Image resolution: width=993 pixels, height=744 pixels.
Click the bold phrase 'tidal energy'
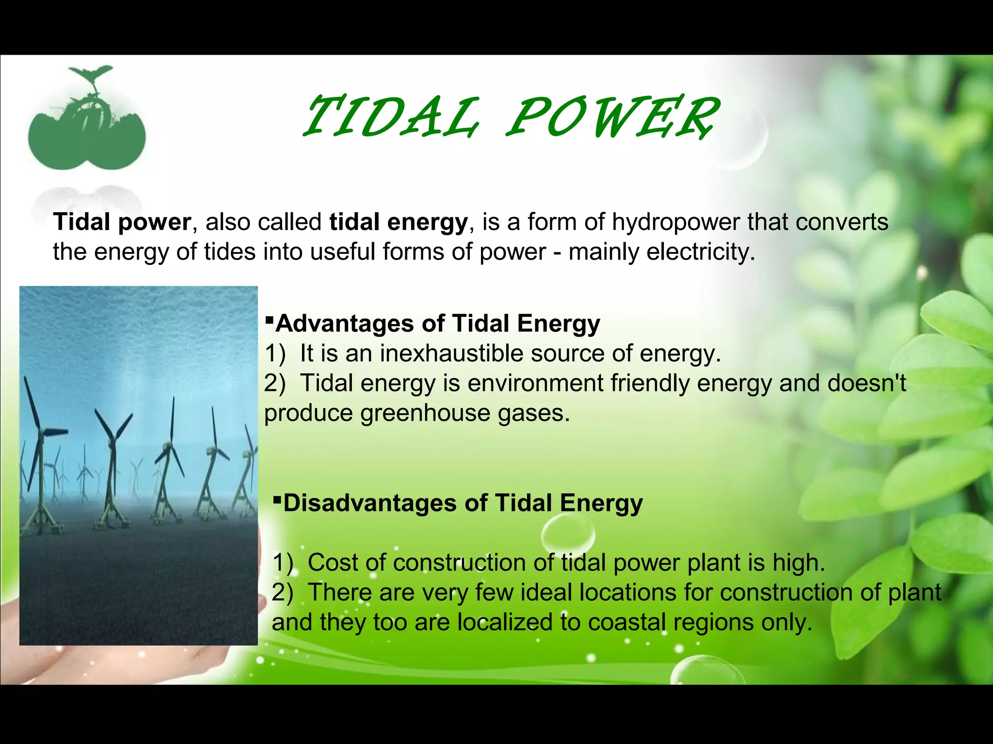(398, 222)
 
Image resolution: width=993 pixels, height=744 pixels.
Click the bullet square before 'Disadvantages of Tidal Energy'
(277, 499)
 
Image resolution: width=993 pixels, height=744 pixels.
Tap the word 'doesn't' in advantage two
(866, 383)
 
